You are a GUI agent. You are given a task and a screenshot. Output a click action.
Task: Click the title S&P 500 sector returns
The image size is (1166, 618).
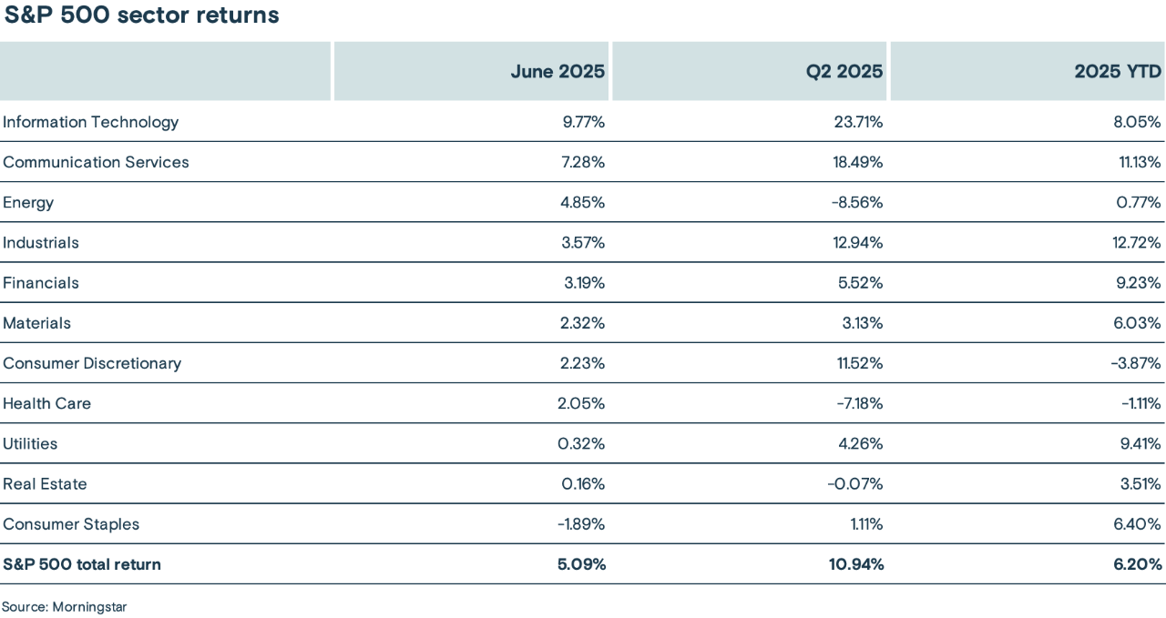(141, 15)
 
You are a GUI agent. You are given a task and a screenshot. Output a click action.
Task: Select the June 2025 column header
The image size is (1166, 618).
(557, 71)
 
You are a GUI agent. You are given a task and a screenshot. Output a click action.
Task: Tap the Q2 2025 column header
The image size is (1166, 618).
(844, 71)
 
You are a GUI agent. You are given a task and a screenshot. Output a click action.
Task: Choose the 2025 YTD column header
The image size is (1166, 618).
(1118, 71)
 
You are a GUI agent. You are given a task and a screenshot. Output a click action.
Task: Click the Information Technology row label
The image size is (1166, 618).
(91, 122)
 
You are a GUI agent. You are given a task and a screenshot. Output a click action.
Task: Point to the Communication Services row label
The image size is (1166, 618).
(97, 162)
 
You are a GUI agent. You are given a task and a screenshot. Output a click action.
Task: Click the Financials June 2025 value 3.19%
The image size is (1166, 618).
(584, 282)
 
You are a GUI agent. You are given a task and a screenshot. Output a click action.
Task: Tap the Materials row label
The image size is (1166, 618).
(37, 323)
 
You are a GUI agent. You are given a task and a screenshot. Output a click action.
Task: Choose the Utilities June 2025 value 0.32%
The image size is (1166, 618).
(583, 443)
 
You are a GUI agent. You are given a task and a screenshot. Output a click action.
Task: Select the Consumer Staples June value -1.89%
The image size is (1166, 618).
(580, 523)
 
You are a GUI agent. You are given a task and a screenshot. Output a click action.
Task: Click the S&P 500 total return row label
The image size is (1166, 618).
(82, 564)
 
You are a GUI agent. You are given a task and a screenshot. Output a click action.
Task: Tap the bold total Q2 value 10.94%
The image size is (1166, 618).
(856, 564)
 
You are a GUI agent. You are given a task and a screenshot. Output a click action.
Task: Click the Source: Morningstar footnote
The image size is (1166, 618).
(64, 606)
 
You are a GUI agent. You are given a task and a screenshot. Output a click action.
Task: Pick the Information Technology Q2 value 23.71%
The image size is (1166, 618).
(855, 122)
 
